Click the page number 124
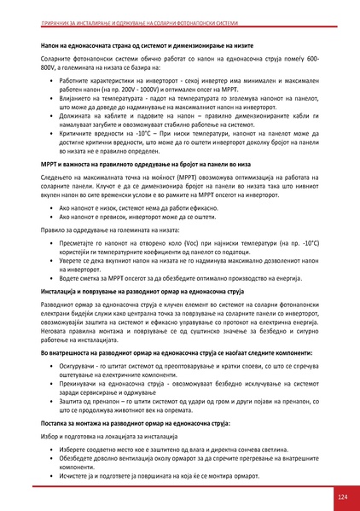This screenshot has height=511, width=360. coord(342,496)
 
